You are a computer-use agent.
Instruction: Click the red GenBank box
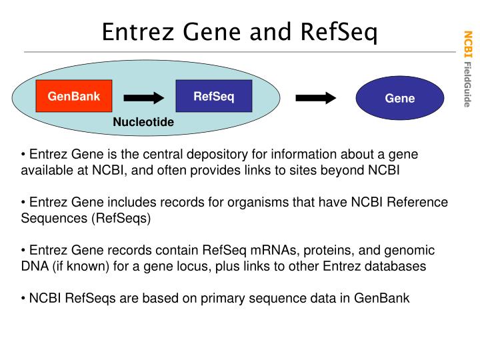pos(73,97)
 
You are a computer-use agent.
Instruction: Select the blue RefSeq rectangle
pos(213,97)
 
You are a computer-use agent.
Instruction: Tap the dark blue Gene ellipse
pos(399,98)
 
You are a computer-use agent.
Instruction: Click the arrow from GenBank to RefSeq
pos(143,98)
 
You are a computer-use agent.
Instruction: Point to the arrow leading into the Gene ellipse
pos(315,98)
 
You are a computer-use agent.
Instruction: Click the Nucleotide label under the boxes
pos(143,122)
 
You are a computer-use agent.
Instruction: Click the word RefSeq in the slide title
pos(339,32)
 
